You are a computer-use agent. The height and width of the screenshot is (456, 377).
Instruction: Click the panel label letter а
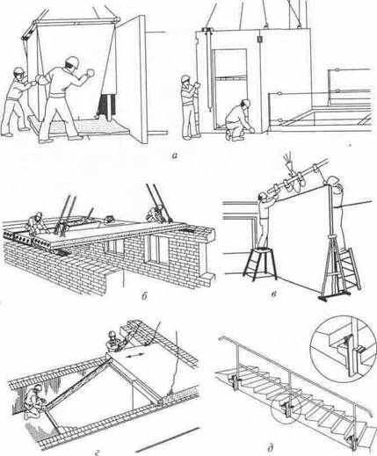click(175, 156)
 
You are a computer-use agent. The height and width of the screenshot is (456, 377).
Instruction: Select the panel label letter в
click(273, 294)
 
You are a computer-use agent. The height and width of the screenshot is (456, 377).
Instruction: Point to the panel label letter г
click(98, 453)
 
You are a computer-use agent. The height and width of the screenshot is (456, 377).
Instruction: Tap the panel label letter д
click(270, 448)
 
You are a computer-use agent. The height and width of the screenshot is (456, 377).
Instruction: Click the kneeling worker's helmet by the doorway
click(246, 103)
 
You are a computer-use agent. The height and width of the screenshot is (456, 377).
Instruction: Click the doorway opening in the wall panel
click(229, 89)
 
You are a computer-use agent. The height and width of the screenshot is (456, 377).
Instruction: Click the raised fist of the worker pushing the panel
click(91, 72)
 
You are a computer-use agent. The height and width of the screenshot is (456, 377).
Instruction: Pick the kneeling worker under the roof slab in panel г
click(34, 402)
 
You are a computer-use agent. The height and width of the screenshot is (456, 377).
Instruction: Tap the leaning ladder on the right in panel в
click(349, 268)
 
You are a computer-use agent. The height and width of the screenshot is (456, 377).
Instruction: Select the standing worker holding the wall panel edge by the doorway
click(188, 106)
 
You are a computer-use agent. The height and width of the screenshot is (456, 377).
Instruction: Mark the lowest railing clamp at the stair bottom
click(352, 441)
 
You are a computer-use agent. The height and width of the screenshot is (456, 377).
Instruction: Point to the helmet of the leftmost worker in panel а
click(18, 71)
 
